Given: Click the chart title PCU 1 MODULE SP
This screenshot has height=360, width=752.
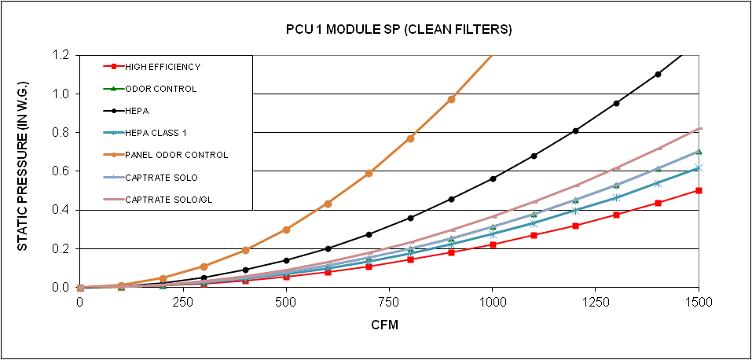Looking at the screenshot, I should [x=398, y=30].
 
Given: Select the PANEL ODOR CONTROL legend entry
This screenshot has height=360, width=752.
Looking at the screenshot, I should [x=176, y=155].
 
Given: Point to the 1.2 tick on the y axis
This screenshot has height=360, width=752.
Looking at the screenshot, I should [x=62, y=56].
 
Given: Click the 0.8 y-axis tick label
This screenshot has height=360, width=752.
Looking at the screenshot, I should [x=62, y=133].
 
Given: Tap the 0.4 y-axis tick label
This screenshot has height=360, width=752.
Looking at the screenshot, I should [x=62, y=210].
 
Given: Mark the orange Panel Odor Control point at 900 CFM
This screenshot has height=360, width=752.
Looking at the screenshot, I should [x=451, y=99].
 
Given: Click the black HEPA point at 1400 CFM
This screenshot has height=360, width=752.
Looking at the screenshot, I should [x=658, y=74].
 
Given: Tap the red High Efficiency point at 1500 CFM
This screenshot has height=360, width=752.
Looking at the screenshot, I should [x=699, y=190].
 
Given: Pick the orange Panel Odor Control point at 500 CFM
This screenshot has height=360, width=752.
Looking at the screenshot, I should [x=286, y=230].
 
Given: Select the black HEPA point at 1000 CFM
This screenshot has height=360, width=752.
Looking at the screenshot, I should [x=493, y=178].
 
